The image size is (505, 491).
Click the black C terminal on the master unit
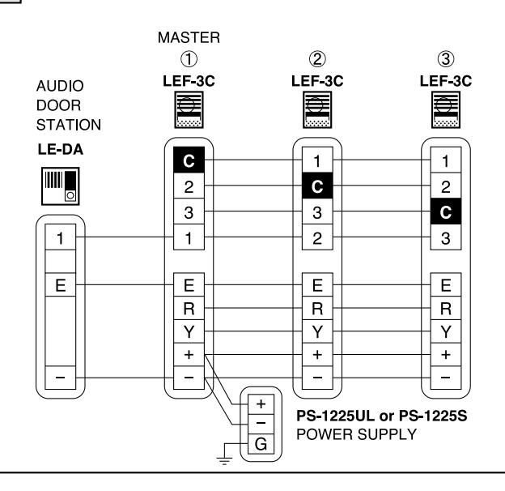tap(189, 160)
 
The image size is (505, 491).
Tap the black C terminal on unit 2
tap(317, 186)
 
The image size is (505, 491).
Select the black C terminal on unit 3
tap(446, 211)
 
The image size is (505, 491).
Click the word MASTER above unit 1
tap(189, 38)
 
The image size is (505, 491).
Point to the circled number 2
tap(317, 59)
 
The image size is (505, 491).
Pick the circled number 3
tap(446, 59)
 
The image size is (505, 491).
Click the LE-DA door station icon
tap(60, 186)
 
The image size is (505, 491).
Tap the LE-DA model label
tap(60, 150)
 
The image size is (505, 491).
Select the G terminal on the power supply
tap(261, 444)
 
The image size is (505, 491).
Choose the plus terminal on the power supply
tap(261, 404)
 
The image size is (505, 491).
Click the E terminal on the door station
tap(60, 285)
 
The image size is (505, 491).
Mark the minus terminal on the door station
tap(60, 378)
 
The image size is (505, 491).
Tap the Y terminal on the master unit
tap(189, 331)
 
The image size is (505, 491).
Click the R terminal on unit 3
tap(446, 308)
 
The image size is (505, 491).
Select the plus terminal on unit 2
tap(317, 355)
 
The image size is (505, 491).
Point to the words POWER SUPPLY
tap(356, 434)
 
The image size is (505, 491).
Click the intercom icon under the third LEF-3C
tap(446, 109)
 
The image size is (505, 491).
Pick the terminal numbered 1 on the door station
tap(60, 237)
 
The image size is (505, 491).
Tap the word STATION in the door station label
tap(69, 125)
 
